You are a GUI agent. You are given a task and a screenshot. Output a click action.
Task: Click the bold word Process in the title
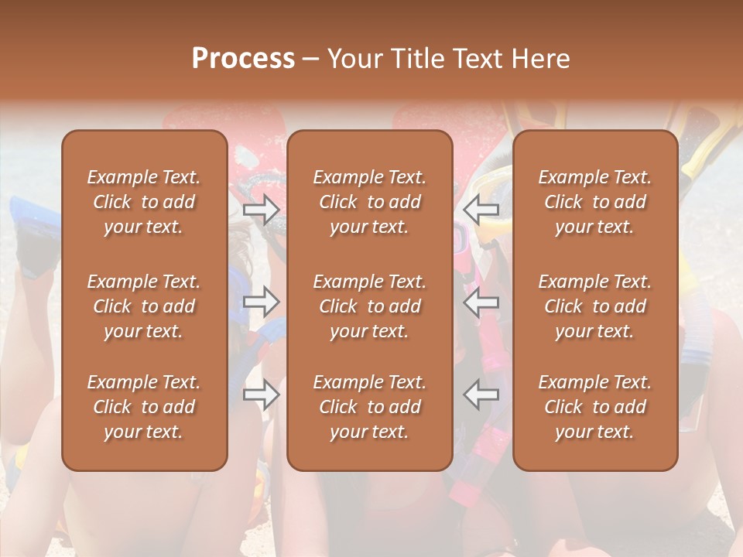(243, 59)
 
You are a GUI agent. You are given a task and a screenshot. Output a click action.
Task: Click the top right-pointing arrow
(262, 210)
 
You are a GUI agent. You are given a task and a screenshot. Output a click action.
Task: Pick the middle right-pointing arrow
(262, 302)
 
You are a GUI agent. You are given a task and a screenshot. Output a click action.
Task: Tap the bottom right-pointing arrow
(262, 395)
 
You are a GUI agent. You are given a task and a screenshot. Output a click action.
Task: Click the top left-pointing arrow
(481, 210)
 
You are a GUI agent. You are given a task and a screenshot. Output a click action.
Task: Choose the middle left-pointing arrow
(481, 302)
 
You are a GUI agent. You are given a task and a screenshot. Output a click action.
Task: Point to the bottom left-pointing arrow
(481, 395)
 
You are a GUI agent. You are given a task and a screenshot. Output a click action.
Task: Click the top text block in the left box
(144, 202)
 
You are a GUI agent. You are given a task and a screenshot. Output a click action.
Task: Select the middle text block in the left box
(144, 306)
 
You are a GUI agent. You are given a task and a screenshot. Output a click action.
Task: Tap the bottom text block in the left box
(144, 407)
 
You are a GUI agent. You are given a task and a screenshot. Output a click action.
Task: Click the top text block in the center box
(369, 202)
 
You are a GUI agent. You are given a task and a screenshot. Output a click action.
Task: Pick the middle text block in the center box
(369, 306)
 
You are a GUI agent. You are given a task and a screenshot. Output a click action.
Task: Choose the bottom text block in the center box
(369, 407)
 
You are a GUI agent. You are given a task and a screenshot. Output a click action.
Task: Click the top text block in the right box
(595, 202)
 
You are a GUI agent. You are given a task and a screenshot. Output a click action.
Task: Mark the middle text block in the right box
(595, 306)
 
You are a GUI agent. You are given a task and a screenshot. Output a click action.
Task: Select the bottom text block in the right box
(595, 407)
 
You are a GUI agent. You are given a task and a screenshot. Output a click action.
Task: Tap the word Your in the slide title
(354, 59)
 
